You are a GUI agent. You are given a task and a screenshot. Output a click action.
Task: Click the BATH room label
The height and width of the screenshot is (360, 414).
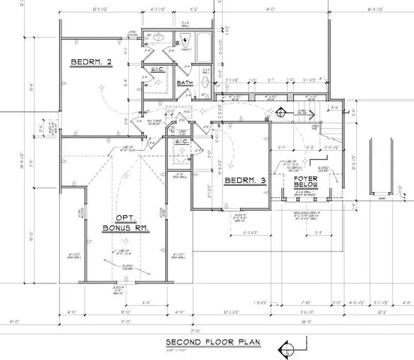pos(185,83)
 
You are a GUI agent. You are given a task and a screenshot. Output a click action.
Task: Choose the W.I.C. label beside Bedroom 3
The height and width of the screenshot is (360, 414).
pos(181,141)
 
